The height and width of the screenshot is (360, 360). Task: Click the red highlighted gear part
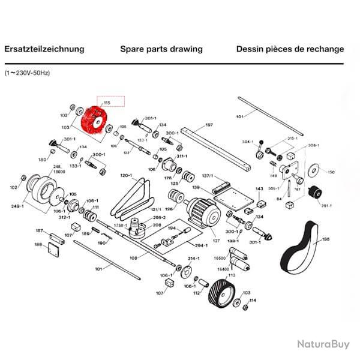click(x=92, y=122)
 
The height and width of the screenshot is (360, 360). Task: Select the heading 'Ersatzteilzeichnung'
click(x=44, y=49)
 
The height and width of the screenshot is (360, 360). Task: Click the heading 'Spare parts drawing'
click(x=161, y=49)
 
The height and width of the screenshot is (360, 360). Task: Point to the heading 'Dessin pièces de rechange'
click(x=290, y=49)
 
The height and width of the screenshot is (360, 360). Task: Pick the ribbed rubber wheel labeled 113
click(x=220, y=294)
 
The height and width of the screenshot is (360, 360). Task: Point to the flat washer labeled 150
click(x=313, y=170)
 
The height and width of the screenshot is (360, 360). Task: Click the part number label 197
click(x=209, y=125)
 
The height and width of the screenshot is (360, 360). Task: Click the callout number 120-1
click(x=126, y=175)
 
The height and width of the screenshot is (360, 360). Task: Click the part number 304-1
click(x=247, y=142)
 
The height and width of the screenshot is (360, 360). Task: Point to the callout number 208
click(x=157, y=225)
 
